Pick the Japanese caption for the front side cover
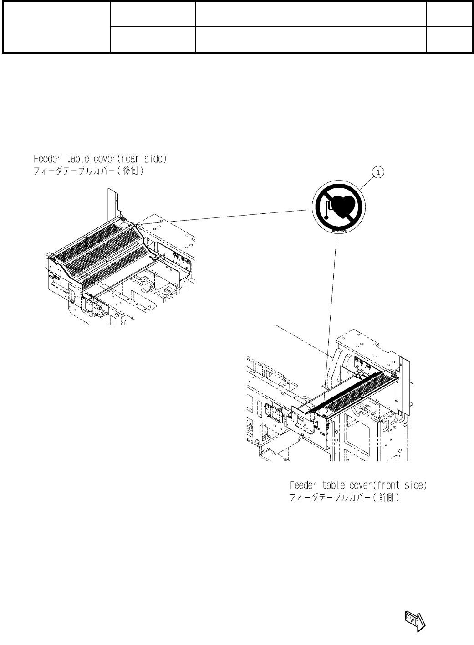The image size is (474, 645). pos(345,498)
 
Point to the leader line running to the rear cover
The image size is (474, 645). pos(223,217)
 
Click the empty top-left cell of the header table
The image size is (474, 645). pos(56,27)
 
